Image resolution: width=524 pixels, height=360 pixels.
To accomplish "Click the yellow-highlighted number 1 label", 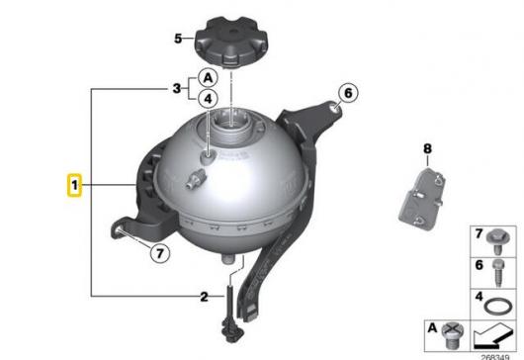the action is click(74, 185).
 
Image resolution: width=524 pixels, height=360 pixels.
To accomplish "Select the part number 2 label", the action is click(204, 297).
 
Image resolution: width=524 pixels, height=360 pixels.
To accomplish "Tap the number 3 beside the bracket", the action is click(177, 89).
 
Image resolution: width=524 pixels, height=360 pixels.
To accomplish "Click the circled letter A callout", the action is click(208, 78).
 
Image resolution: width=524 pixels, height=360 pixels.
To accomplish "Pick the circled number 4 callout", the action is click(208, 99).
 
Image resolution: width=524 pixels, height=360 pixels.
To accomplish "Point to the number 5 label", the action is click(178, 39).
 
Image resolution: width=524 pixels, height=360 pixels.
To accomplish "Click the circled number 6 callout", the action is click(348, 93).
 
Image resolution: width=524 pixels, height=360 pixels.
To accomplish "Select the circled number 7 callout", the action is click(160, 253).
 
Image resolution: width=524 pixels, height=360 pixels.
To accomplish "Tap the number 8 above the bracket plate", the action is click(427, 148).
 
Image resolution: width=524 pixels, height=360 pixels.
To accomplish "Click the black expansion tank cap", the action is click(231, 42).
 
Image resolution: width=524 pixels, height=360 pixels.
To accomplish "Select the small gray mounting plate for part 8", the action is click(422, 199).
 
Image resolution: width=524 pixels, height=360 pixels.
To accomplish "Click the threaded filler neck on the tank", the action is click(231, 125).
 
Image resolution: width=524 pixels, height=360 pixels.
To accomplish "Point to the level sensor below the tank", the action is click(230, 314).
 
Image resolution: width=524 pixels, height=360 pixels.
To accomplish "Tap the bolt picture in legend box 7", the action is click(498, 241).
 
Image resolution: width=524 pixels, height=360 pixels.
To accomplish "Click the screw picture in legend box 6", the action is click(498, 273).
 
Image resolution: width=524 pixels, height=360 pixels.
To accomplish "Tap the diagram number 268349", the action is click(495, 357).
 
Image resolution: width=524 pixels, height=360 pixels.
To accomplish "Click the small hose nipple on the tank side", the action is click(194, 177).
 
